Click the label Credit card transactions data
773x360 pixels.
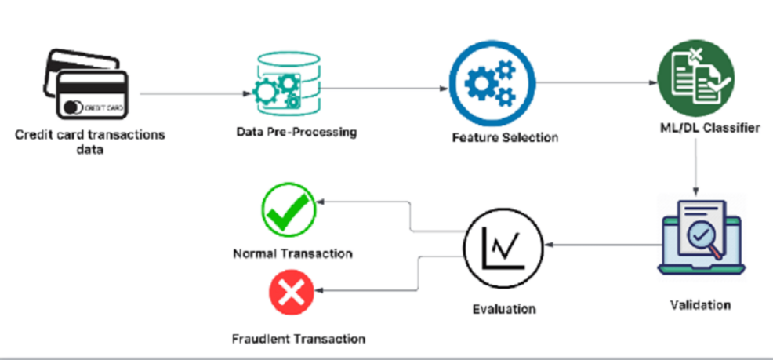pos(90,142)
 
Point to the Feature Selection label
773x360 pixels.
pos(505,137)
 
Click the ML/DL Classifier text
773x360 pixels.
pos(707,127)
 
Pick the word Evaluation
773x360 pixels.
pos(504,308)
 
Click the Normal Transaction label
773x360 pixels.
pos(292,253)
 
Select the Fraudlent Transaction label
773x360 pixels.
pos(299,339)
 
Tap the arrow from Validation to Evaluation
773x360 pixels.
pos(604,245)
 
